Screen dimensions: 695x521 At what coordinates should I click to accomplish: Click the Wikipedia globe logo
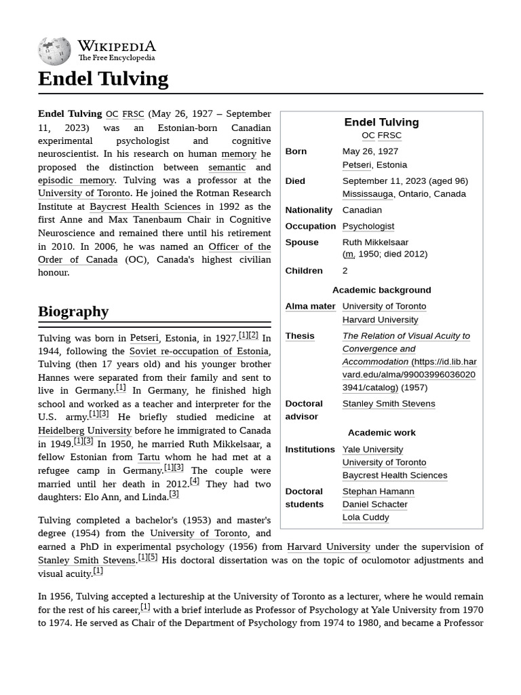[54, 50]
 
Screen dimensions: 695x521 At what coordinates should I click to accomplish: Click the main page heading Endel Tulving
[103, 79]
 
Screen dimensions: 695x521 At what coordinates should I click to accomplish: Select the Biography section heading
[73, 312]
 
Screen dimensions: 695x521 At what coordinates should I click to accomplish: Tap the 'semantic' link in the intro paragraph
[227, 167]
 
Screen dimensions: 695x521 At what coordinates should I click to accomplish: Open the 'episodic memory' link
[76, 180]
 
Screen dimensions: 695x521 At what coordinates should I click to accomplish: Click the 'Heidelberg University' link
[85, 430]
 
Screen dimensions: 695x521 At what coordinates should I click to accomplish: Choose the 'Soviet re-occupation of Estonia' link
[199, 351]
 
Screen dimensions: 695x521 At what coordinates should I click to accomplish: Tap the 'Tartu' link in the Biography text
[149, 457]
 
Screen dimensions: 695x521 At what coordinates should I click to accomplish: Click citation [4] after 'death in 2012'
[195, 482]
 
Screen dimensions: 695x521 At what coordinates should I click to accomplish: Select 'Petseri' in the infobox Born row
[356, 165]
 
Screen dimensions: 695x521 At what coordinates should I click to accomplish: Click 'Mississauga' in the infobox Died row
[367, 194]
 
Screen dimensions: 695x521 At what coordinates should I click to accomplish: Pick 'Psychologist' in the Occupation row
[368, 226]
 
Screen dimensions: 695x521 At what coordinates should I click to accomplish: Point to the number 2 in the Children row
[345, 271]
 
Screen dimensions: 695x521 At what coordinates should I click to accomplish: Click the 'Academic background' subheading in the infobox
[381, 290]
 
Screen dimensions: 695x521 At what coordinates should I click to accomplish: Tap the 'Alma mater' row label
[310, 306]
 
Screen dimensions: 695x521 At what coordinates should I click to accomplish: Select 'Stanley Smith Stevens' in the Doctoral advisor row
[389, 404]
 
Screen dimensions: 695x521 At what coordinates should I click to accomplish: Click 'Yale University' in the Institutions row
[372, 449]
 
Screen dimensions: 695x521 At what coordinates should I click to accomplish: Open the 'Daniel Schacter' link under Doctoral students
[374, 504]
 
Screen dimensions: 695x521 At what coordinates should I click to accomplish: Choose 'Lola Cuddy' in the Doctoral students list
[366, 517]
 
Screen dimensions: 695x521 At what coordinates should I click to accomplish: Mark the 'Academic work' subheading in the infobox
[381, 432]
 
